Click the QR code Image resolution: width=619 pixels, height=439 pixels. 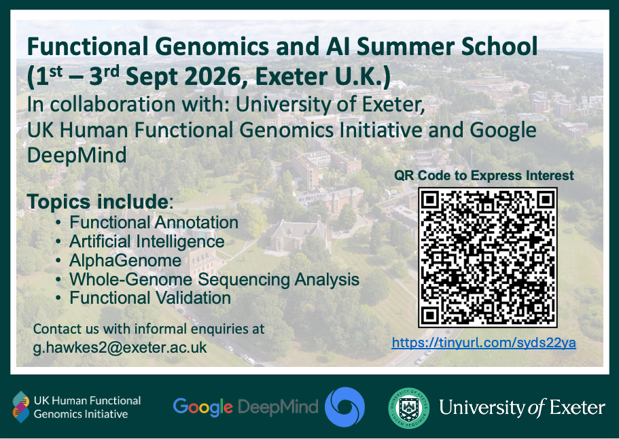(x=487, y=257)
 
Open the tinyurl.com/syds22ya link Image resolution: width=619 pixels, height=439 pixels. (x=484, y=343)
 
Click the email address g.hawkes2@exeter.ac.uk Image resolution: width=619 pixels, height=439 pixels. (x=120, y=347)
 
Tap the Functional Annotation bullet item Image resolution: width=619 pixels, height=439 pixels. (x=154, y=222)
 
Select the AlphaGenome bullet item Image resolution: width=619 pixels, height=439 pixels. (x=125, y=260)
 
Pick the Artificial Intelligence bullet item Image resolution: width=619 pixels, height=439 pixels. (x=147, y=241)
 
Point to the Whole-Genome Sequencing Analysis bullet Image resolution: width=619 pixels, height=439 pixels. (x=214, y=279)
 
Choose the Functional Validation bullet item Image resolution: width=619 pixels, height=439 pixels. (x=150, y=298)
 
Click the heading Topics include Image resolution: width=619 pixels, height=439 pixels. (x=99, y=202)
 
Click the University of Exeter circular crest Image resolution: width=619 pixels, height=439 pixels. (x=408, y=407)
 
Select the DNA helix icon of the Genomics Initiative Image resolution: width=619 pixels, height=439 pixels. (x=21, y=406)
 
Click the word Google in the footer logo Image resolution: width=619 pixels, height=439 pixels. (x=203, y=407)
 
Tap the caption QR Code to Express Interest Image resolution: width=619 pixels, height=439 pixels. (x=484, y=176)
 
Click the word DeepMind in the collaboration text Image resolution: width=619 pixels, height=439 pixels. (x=77, y=155)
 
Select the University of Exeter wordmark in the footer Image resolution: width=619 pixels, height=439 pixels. (x=522, y=408)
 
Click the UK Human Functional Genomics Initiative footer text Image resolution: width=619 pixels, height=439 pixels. (x=87, y=407)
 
